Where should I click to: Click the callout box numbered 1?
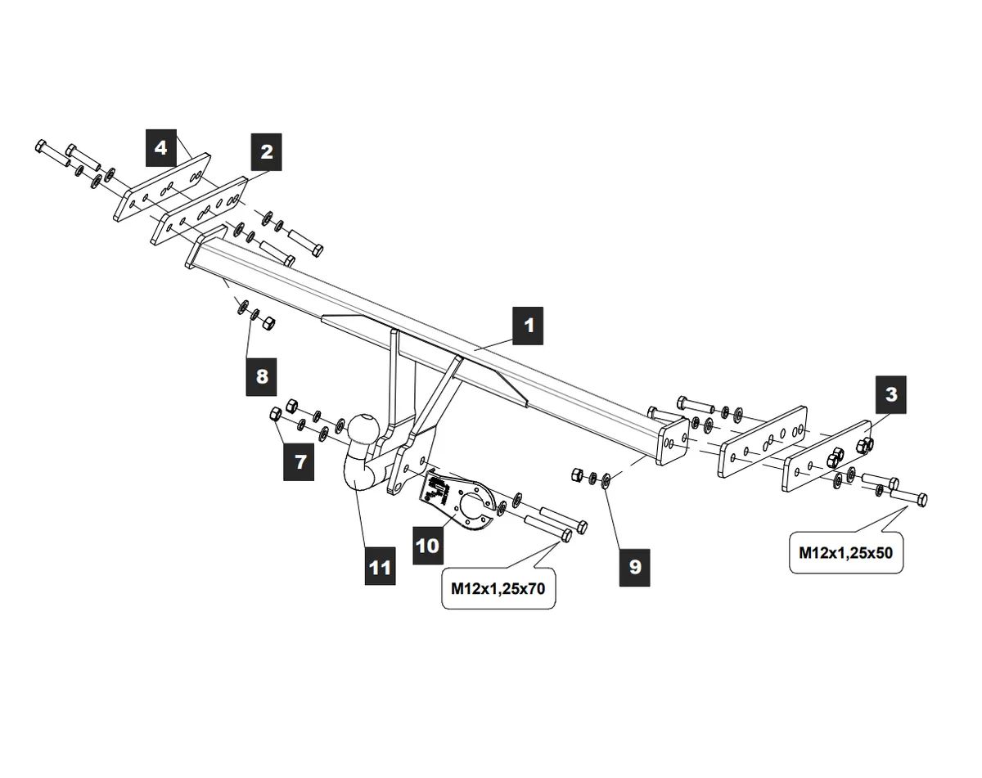coord(529,325)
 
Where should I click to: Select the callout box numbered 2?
coord(266,151)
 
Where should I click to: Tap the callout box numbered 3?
coord(890,394)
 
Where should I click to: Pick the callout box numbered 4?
coord(161,148)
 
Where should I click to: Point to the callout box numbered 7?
coord(300,461)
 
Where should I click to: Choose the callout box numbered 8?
coord(262,376)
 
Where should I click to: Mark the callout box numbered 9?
coord(635,567)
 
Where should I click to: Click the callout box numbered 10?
coord(427,545)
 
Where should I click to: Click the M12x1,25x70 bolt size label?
coord(499,588)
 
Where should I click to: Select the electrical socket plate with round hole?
coord(460,501)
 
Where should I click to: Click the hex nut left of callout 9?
coord(576,474)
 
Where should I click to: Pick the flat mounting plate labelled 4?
coord(161,187)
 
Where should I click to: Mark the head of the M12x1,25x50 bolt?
coord(921,498)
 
